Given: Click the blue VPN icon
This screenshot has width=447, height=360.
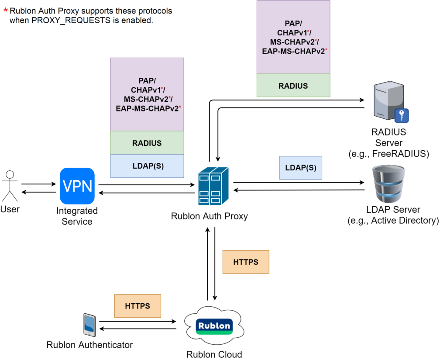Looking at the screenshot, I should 77,186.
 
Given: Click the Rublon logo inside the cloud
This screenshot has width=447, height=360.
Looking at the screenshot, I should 214,326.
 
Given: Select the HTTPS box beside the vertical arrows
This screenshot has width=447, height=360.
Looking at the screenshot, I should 246,262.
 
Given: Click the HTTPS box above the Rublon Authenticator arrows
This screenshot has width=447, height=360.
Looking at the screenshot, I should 138,306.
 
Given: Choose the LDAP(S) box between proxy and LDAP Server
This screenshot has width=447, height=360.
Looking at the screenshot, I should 300,168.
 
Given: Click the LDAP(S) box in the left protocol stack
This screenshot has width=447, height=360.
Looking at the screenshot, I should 147,166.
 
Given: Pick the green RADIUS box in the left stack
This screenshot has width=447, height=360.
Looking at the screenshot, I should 147,143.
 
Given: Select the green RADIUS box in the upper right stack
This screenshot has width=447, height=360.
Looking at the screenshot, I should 293,86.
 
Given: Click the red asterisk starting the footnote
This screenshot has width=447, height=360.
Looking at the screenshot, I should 6,10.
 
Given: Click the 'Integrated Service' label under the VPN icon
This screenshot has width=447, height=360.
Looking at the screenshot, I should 77,216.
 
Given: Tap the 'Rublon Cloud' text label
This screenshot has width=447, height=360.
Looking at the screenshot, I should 214,354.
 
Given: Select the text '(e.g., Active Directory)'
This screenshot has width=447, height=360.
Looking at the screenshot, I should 393,221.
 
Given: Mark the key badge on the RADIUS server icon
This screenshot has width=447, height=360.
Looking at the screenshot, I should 401,115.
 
